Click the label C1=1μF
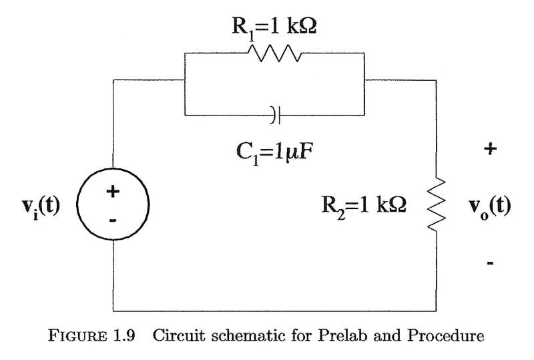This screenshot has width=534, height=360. pos(274,153)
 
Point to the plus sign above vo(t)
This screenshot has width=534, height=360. pos(491,149)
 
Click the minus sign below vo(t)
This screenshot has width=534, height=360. pos(491,264)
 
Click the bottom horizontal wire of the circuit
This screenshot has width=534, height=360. pos(274,311)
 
